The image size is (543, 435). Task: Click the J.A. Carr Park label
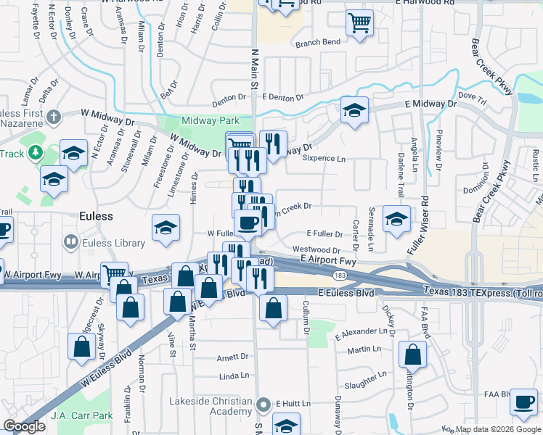point(82,416)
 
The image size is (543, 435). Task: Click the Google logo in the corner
point(24,426)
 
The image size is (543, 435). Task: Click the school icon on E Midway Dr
point(354,111)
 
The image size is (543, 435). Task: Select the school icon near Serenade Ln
point(396,220)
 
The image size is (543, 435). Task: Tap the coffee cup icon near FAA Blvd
point(523,402)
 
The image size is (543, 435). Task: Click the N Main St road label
point(255,69)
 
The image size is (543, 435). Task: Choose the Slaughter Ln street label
point(370,386)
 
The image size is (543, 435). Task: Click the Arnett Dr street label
point(233,357)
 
